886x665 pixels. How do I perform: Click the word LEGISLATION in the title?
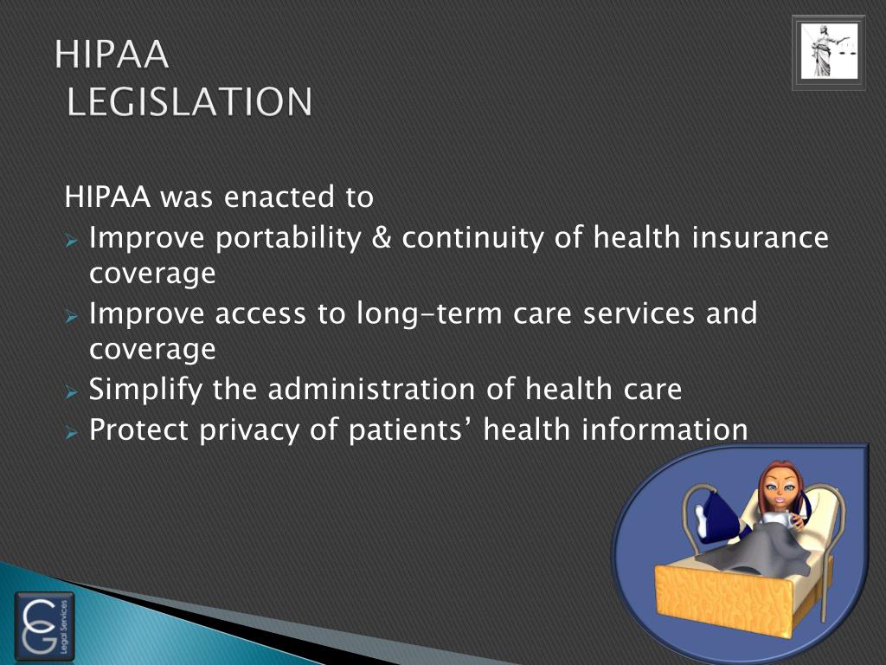189,102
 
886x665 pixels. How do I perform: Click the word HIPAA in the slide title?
112,55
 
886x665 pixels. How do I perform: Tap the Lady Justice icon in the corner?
828,53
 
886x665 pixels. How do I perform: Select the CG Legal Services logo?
44,626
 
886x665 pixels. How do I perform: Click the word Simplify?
146,390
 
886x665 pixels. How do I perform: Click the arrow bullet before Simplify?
73,391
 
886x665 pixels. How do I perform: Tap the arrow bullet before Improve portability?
73,239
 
